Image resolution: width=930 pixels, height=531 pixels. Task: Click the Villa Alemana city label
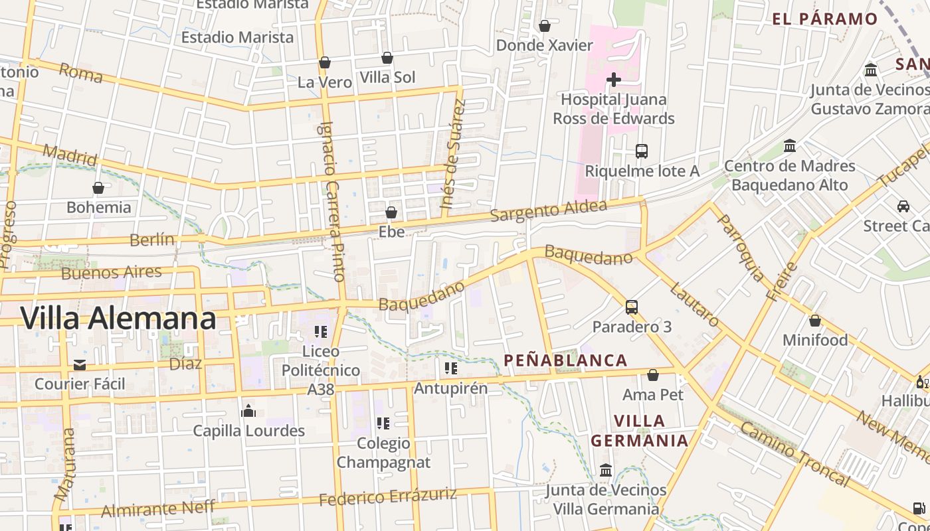118,319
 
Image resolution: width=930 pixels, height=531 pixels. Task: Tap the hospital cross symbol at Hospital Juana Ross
614,80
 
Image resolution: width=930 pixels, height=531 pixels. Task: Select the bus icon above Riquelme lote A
641,151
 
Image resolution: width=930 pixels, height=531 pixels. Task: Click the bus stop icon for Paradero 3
631,307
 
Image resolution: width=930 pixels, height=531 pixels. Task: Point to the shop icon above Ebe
391,212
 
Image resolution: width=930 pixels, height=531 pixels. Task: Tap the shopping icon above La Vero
325,63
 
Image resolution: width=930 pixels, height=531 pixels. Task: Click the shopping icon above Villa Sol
387,58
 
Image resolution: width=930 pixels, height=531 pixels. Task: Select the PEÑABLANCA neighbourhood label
565,360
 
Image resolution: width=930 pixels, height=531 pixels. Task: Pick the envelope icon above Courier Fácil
80,364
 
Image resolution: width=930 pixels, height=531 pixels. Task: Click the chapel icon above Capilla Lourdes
248,411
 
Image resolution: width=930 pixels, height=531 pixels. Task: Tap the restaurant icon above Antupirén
451,368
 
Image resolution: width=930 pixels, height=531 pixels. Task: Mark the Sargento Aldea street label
549,211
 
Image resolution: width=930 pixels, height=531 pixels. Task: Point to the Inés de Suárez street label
454,154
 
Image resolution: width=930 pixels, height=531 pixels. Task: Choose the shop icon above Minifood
815,321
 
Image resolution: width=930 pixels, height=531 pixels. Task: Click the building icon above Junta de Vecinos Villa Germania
606,470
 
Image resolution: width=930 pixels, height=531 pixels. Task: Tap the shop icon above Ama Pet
653,375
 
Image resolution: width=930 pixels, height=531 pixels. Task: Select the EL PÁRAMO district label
825,19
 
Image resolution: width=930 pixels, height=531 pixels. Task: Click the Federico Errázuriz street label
388,496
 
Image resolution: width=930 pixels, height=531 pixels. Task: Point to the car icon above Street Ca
903,206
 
